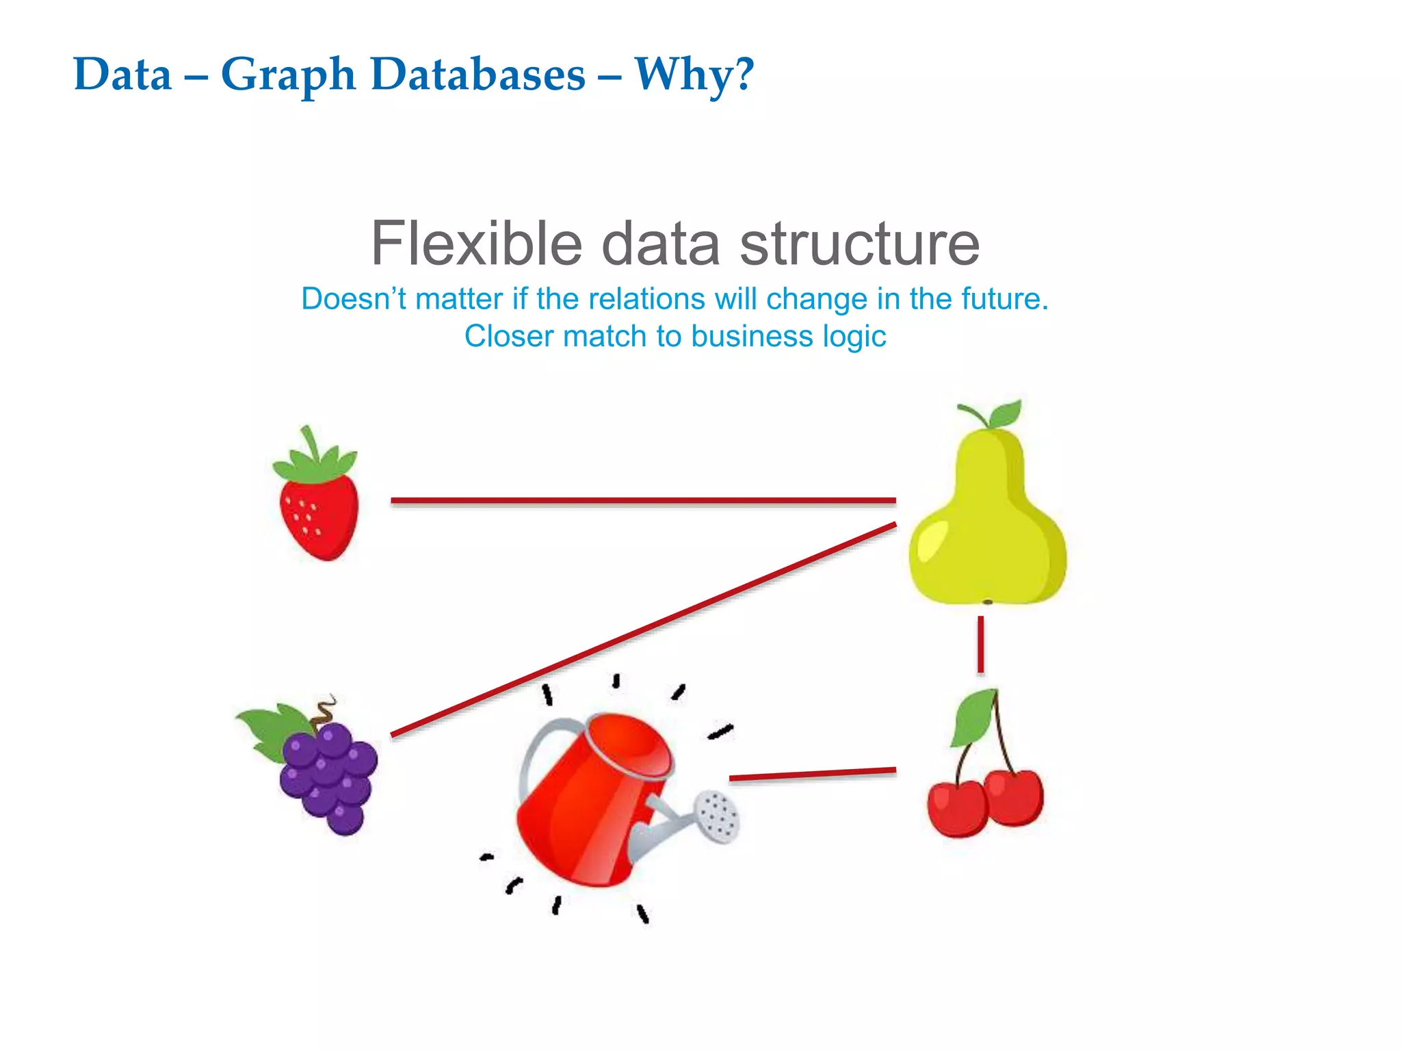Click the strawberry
319,517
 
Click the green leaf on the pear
1006,414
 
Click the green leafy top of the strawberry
315,462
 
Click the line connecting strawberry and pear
643,501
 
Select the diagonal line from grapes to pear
643,630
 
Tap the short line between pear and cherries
981,644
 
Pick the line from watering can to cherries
813,775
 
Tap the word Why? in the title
694,75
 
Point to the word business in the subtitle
752,337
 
